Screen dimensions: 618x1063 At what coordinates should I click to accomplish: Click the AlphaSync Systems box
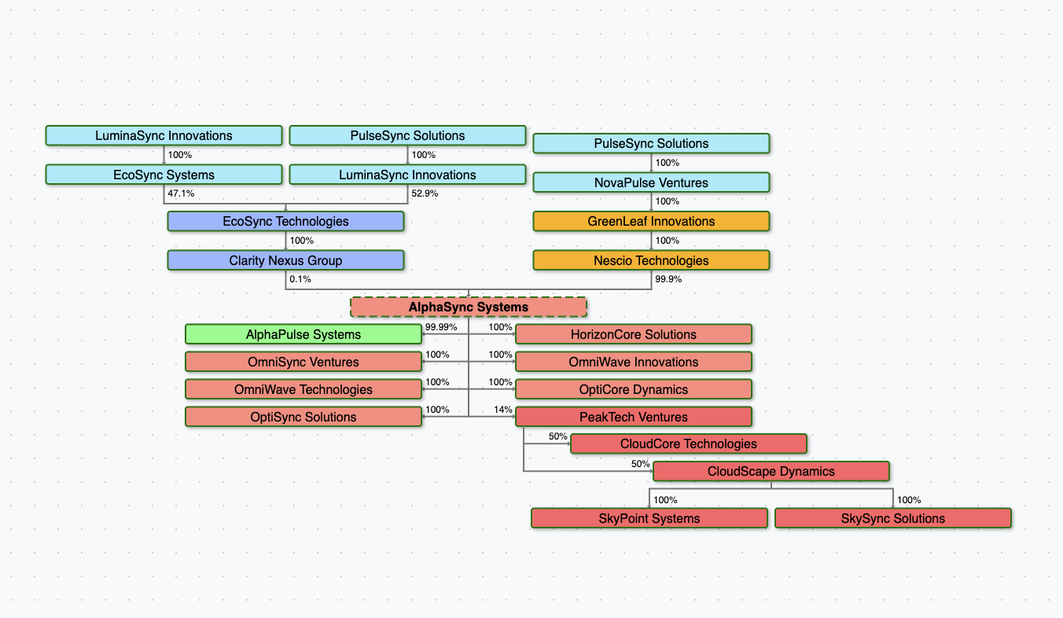click(x=469, y=307)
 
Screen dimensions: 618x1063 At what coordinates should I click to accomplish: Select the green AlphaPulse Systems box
click(x=303, y=334)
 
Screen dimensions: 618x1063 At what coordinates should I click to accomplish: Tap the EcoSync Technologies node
click(x=285, y=221)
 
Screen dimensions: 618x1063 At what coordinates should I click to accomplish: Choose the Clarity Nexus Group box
click(x=285, y=260)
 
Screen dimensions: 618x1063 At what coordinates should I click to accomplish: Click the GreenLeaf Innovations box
click(x=651, y=221)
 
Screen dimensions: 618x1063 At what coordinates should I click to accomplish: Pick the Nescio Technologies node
click(x=651, y=260)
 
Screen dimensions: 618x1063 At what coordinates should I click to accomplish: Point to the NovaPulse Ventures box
click(x=651, y=182)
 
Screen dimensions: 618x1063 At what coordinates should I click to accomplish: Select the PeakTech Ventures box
click(x=634, y=417)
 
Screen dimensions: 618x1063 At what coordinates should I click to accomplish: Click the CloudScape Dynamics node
click(x=771, y=471)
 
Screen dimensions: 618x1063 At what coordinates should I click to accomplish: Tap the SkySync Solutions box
click(x=892, y=518)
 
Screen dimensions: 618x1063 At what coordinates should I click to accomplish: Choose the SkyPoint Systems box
click(x=649, y=518)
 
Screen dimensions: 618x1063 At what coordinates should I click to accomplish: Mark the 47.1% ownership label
click(x=181, y=193)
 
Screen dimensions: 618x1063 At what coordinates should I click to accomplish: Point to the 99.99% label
click(x=441, y=327)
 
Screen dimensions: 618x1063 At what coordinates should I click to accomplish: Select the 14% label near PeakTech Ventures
click(x=503, y=410)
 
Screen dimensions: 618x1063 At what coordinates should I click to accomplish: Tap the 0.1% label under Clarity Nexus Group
click(x=300, y=279)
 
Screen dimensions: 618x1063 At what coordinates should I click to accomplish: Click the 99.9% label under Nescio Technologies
click(x=668, y=279)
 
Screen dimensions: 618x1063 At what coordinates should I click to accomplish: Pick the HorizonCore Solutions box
click(x=634, y=334)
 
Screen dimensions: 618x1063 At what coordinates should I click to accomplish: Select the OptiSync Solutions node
click(x=303, y=417)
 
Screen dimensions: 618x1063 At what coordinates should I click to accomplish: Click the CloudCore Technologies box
click(x=689, y=443)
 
